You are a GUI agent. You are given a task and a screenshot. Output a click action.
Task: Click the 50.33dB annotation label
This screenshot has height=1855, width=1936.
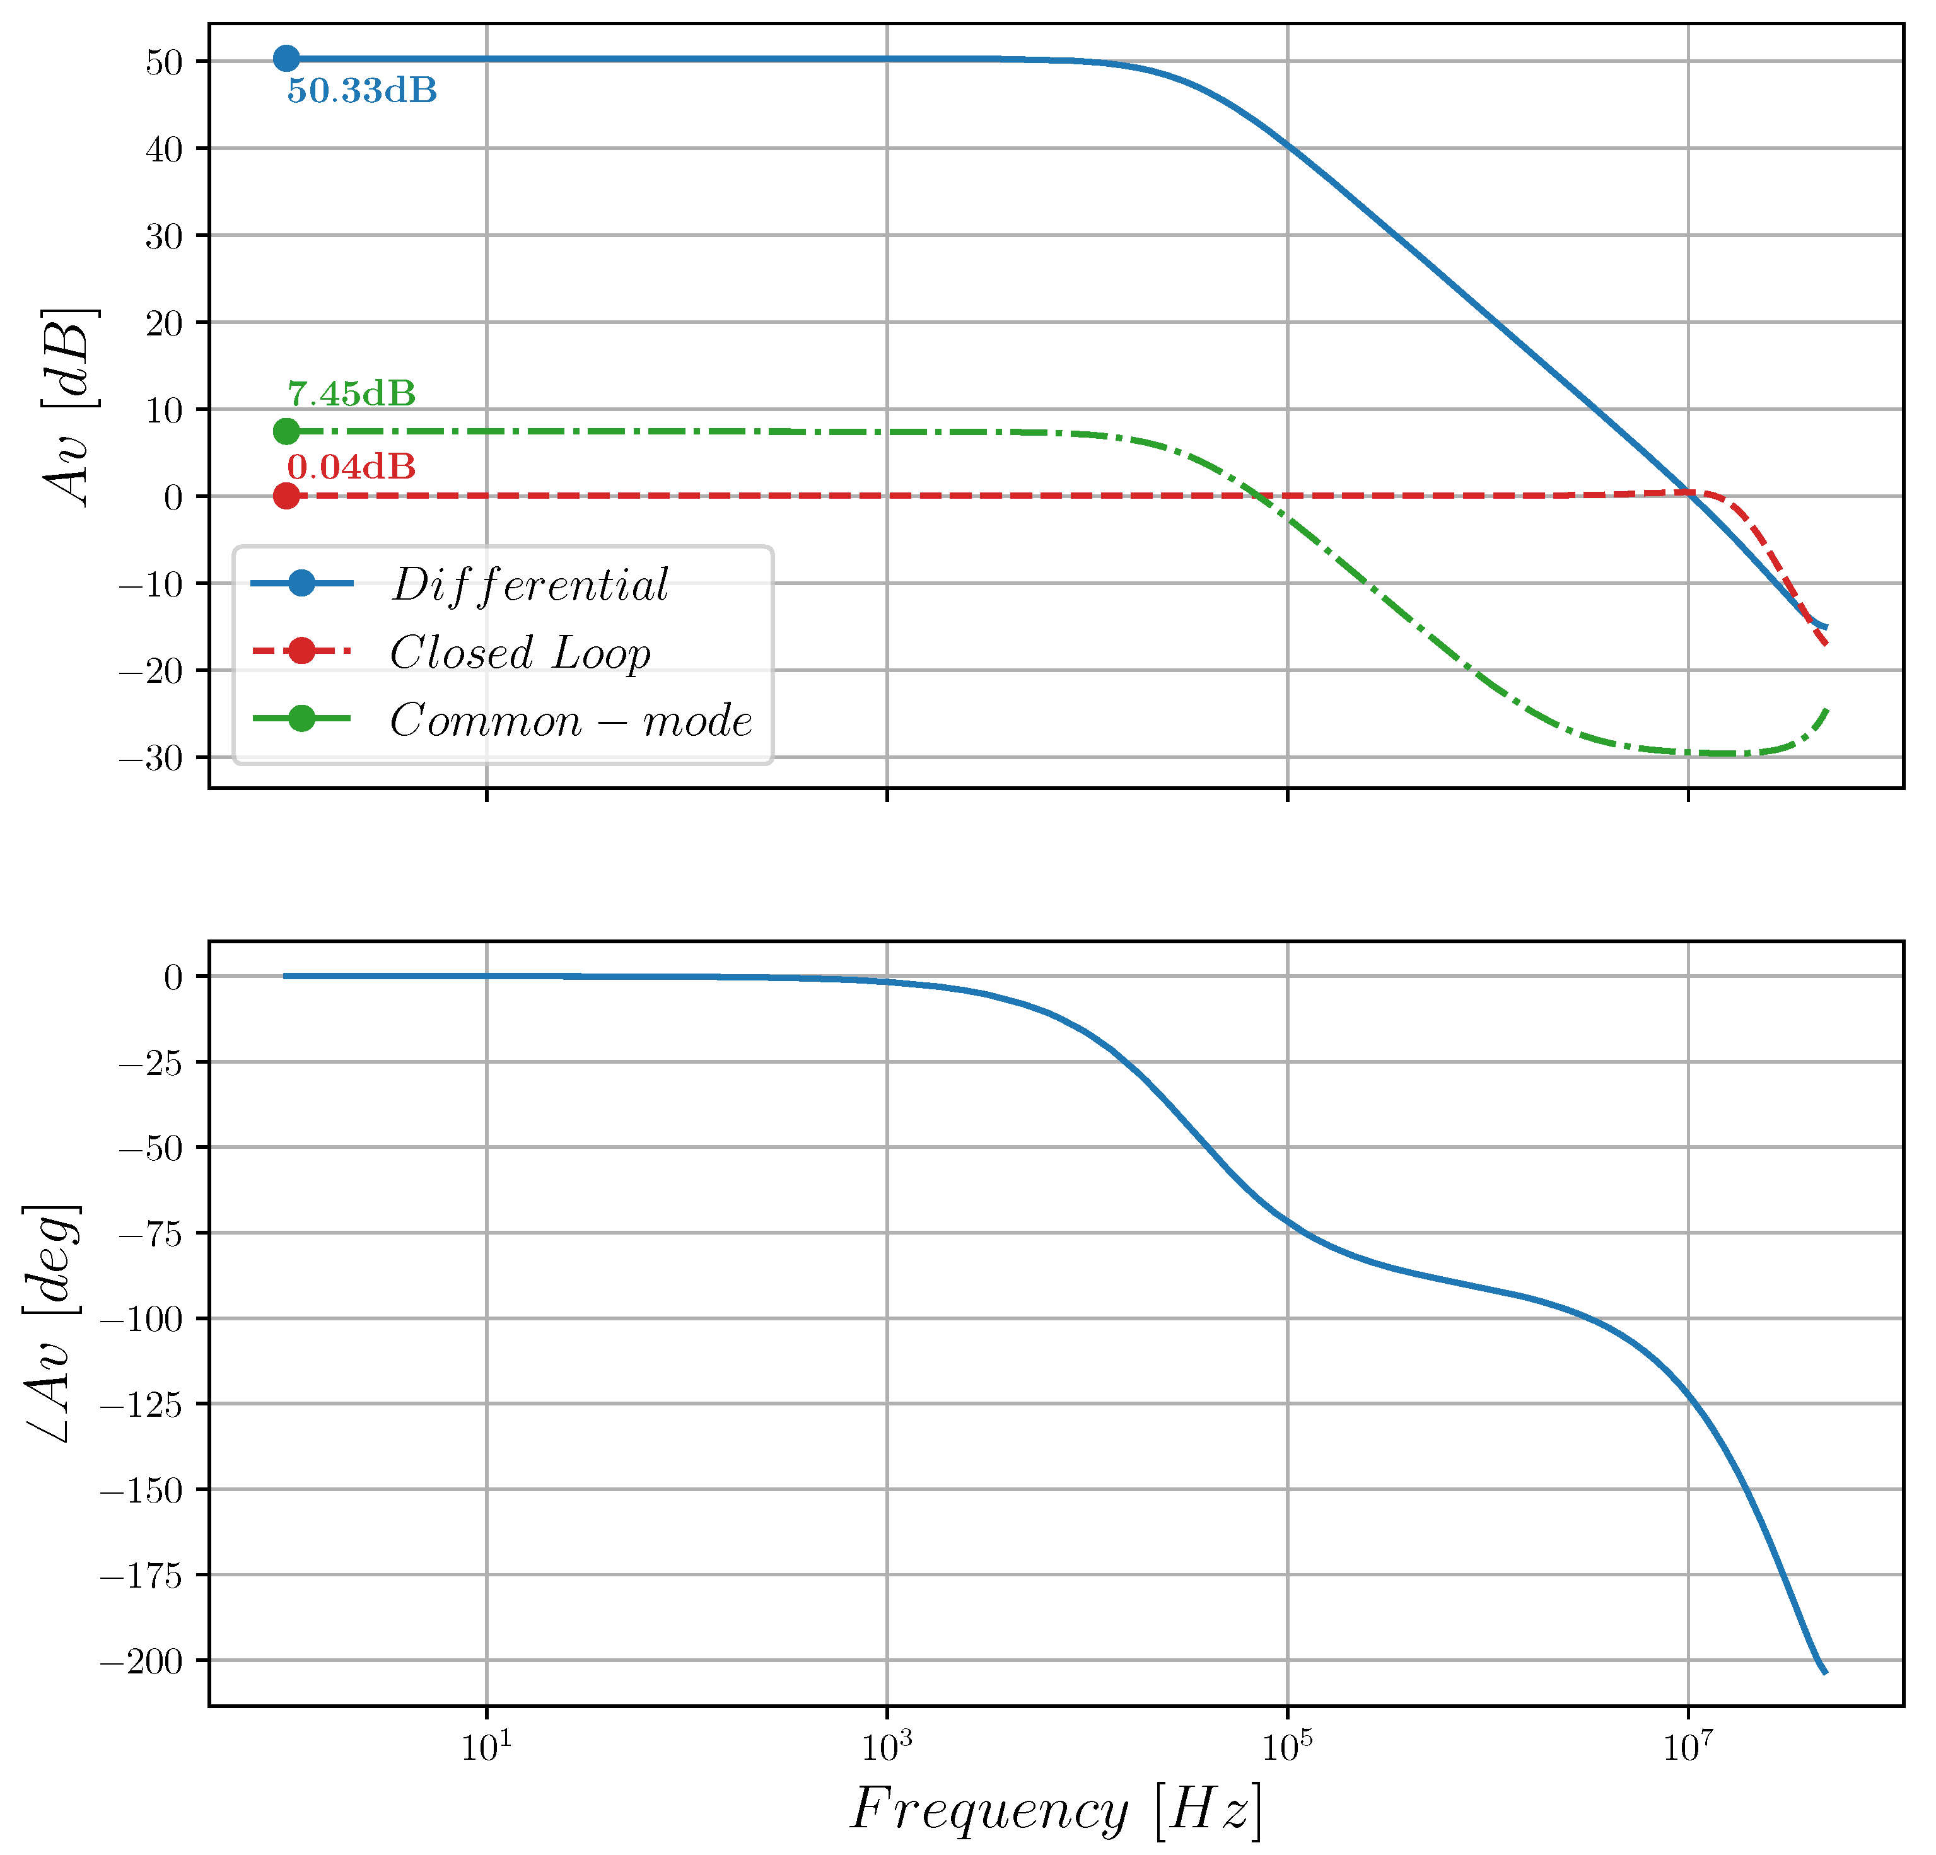(x=361, y=91)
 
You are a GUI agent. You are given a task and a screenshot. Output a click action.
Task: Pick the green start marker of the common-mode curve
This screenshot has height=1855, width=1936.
(x=286, y=432)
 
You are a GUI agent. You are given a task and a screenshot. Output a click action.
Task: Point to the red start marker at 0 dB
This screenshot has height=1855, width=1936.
(x=286, y=496)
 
